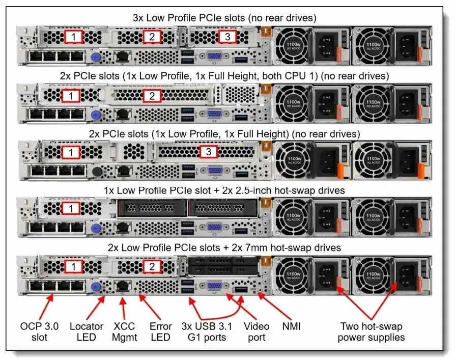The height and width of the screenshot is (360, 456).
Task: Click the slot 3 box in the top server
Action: pos(227,37)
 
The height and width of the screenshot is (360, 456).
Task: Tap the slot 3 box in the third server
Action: pos(209,151)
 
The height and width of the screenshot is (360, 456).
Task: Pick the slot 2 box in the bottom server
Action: pos(151,266)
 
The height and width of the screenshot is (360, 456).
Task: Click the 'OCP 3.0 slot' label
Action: pos(40,331)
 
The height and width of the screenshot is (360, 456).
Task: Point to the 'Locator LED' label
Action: pos(86,331)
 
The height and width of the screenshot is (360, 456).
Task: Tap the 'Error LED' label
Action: pos(160,331)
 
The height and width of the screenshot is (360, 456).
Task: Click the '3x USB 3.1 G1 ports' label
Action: pos(204,331)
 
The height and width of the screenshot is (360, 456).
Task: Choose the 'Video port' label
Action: pos(256,331)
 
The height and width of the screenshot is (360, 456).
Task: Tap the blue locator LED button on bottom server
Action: pos(94,287)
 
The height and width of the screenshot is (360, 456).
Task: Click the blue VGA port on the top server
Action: pos(214,57)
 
